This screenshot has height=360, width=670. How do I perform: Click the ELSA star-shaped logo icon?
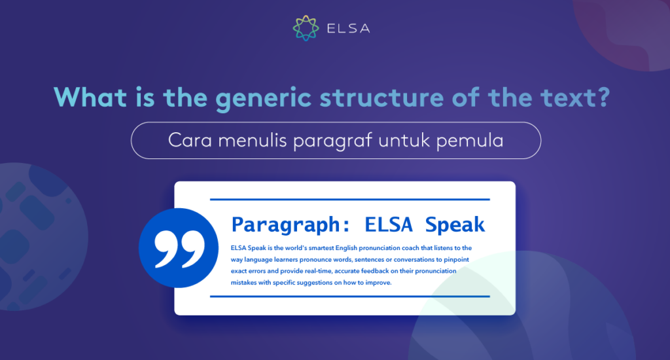[x=306, y=28]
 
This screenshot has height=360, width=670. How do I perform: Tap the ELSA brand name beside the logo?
[x=348, y=29]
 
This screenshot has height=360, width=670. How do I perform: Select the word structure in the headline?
[x=381, y=98]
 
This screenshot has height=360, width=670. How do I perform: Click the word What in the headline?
[x=90, y=97]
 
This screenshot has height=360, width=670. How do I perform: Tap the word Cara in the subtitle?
[x=190, y=140]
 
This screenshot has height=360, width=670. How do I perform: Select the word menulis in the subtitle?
[x=252, y=140]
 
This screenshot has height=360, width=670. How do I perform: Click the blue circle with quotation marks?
[x=179, y=248]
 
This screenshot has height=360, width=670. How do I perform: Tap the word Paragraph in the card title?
[x=285, y=225]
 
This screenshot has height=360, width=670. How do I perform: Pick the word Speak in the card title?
[x=455, y=225]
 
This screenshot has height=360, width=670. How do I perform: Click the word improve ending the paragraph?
[x=379, y=283]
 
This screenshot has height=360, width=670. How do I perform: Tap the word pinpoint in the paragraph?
[x=456, y=260]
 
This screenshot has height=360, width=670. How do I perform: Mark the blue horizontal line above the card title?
[x=350, y=199]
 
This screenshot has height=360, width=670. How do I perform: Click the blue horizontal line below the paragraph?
[x=350, y=297]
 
